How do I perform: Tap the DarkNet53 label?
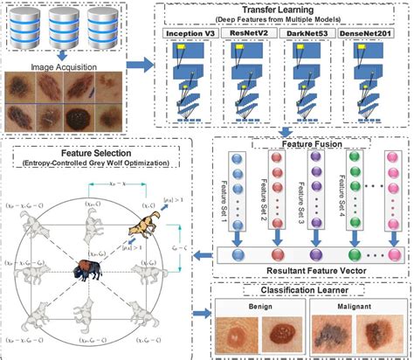[x=310, y=33]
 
